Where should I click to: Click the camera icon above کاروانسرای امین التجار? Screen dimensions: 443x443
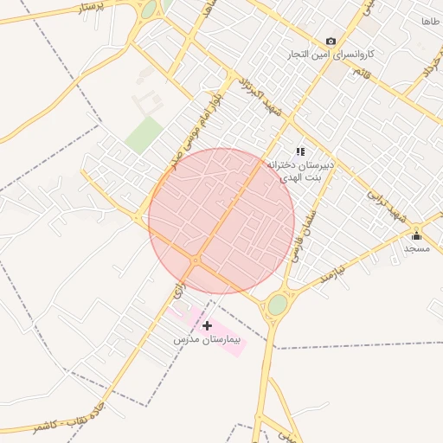click(x=331, y=41)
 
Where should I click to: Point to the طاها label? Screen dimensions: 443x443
click(x=430, y=20)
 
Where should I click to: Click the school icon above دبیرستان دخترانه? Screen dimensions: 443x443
click(x=300, y=151)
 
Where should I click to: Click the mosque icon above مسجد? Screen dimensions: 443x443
click(x=416, y=235)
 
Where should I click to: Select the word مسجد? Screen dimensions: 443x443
click(x=416, y=248)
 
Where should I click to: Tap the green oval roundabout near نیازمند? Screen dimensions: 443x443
click(x=277, y=305)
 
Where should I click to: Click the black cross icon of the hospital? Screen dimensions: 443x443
click(x=208, y=326)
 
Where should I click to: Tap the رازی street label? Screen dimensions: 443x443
click(x=179, y=291)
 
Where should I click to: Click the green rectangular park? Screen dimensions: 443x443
click(x=144, y=135)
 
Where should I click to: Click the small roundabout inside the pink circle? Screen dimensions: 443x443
click(x=196, y=260)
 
